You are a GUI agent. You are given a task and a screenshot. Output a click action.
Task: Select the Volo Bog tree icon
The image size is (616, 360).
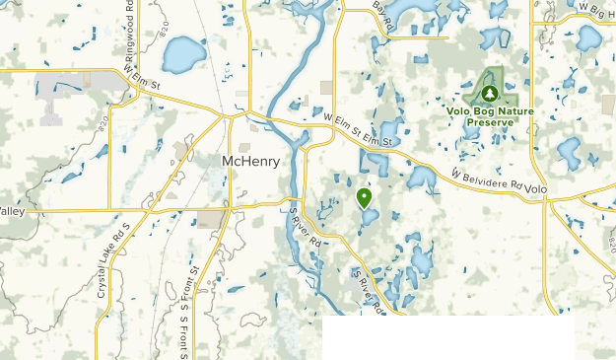pyautogui.click(x=490, y=94)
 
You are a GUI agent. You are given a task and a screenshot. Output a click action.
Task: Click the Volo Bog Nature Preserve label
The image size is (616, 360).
pyautogui.click(x=490, y=116)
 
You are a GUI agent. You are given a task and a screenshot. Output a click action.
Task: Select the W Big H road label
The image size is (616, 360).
pyautogui.click(x=595, y=9)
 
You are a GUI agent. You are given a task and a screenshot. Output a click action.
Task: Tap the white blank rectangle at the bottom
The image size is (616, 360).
pyautogui.click(x=448, y=338)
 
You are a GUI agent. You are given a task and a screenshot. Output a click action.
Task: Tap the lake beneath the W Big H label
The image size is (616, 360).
pyautogui.click(x=588, y=38)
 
